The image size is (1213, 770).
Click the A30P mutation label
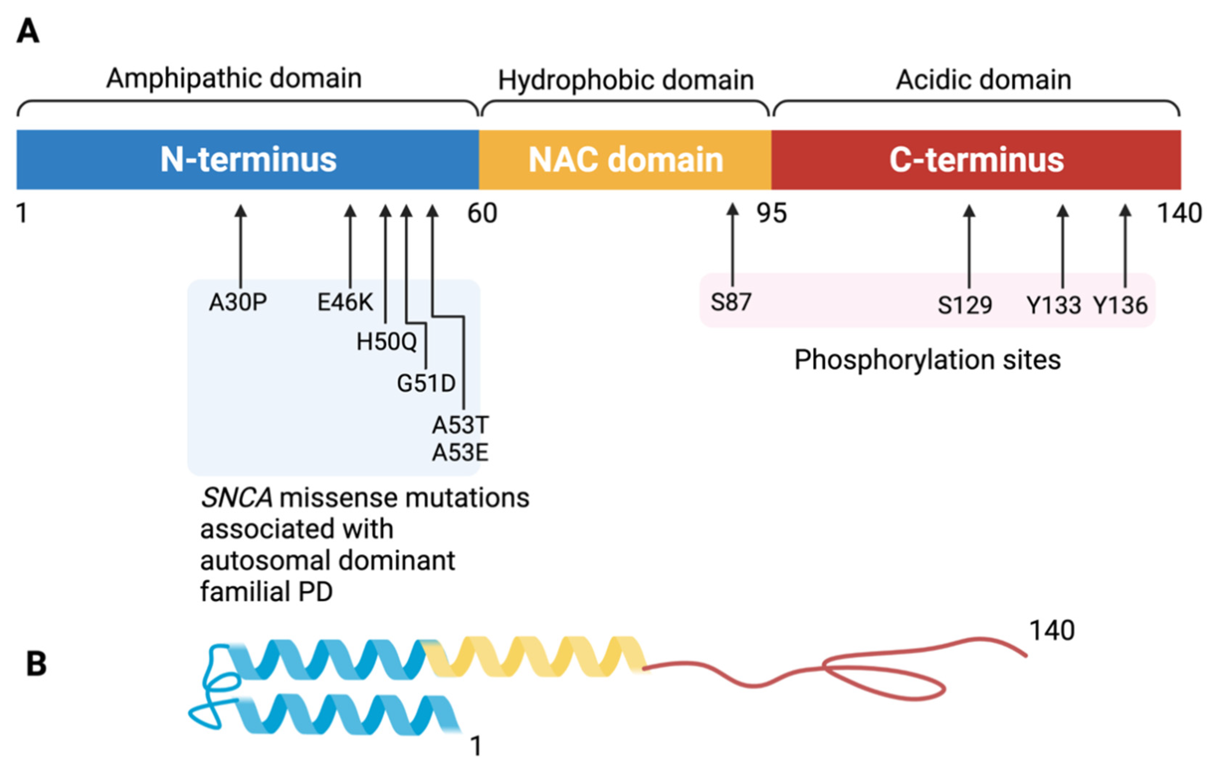238,302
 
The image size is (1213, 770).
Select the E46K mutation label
345,302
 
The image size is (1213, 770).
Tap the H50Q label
386,342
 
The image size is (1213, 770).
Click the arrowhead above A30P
241,211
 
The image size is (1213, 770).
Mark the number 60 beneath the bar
482,213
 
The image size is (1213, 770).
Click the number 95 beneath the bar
772,213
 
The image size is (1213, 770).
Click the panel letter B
36,664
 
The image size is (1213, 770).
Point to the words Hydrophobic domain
626,80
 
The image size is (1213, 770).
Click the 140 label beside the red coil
1052,630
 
